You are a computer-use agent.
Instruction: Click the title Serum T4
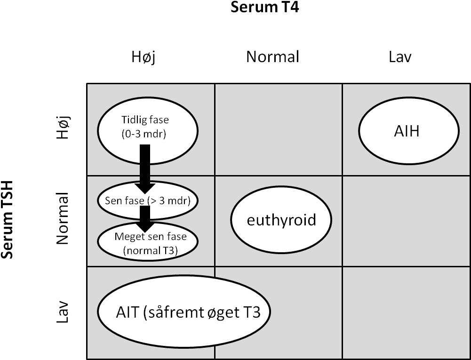coord(264,7)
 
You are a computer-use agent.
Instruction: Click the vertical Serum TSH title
coord(8,219)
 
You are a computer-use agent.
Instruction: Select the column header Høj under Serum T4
coord(144,57)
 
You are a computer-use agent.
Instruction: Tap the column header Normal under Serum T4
coord(272,57)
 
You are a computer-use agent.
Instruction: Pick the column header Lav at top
coord(400,57)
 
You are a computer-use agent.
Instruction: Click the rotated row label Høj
coord(64,128)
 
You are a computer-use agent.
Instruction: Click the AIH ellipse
coord(409,131)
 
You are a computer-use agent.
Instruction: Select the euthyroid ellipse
coord(281,220)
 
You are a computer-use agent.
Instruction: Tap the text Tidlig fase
coord(145,120)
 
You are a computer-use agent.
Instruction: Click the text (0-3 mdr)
coord(144,134)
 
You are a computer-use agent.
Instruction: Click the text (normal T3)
coord(151,250)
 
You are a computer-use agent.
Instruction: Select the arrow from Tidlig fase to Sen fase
coord(145,169)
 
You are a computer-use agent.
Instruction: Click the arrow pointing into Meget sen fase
coord(145,219)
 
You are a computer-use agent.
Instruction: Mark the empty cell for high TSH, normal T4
coord(279,129)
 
